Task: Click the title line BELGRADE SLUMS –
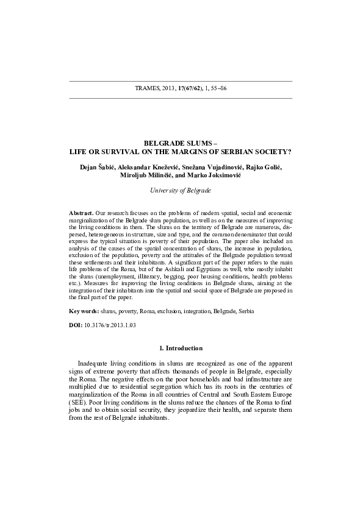(x=181, y=143)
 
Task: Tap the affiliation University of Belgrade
(x=181, y=191)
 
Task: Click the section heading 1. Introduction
(x=181, y=348)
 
